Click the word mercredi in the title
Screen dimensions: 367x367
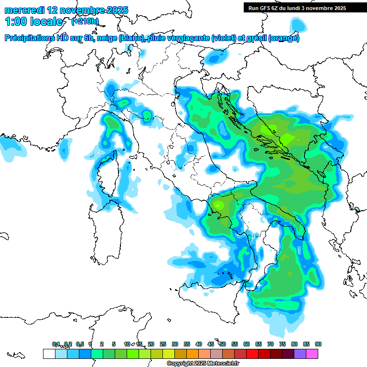coord(24,10)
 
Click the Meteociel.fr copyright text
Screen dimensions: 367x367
coord(203,364)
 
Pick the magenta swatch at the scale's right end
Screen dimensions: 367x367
coord(312,354)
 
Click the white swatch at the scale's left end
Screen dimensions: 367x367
coord(49,354)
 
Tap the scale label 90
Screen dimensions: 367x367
coord(318,344)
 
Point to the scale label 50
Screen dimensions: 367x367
coord(223,344)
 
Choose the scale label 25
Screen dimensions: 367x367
coord(163,344)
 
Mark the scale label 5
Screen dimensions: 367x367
coord(114,344)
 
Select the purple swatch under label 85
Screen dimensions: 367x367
coord(300,354)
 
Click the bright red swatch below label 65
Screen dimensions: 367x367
coord(252,354)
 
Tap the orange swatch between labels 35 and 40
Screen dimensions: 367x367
coord(193,354)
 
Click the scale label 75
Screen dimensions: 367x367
coord(282,344)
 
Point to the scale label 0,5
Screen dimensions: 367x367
coord(80,344)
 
